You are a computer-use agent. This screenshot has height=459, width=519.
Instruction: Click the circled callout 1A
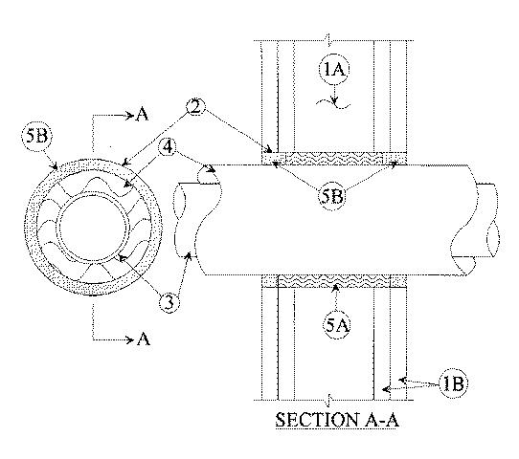(x=334, y=70)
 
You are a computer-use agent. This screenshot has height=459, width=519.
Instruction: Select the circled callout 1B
(x=453, y=383)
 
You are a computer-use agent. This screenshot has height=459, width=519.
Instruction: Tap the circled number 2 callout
(x=195, y=108)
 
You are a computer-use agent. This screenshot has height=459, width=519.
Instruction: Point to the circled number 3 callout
(x=169, y=302)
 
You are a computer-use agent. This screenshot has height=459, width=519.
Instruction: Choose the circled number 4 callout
(x=169, y=147)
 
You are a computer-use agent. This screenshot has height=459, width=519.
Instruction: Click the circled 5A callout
(x=336, y=326)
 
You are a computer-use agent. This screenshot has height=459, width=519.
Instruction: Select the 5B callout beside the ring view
(x=37, y=136)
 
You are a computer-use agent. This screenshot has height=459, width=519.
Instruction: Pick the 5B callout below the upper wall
(x=331, y=197)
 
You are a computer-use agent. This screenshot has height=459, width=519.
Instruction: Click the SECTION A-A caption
(x=337, y=421)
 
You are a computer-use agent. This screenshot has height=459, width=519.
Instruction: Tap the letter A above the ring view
(x=142, y=115)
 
